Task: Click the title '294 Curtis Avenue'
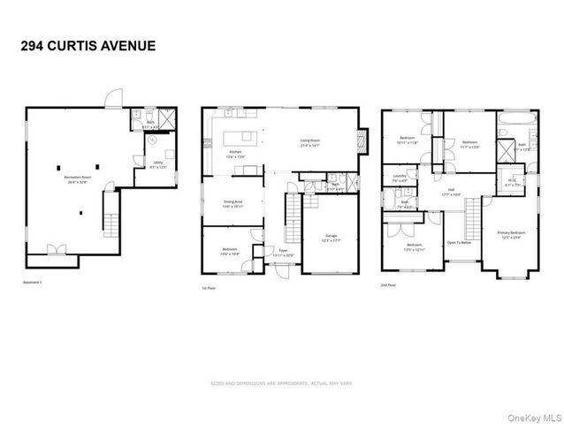pyautogui.click(x=87, y=44)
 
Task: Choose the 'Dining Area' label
pyautogui.click(x=233, y=204)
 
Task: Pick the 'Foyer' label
pyautogui.click(x=284, y=253)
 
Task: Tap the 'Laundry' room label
pyautogui.click(x=400, y=179)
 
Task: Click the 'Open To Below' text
pyautogui.click(x=459, y=242)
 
